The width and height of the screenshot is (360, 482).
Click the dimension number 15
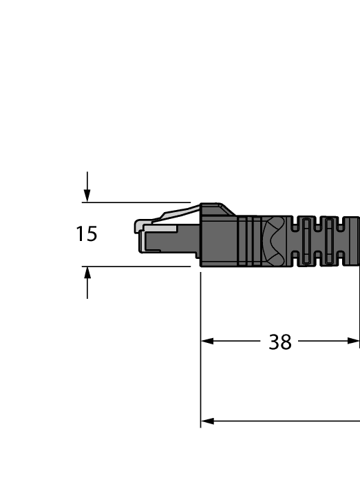(x=87, y=234)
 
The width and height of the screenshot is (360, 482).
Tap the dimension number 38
(x=280, y=342)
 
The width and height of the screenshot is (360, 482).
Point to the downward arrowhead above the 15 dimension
(x=87, y=196)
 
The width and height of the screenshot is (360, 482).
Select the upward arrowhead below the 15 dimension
(x=87, y=273)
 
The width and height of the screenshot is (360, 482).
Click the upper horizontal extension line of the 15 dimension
(x=138, y=202)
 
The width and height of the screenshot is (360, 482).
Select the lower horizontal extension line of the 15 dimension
(x=138, y=266)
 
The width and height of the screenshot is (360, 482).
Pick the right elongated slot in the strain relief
(x=329, y=241)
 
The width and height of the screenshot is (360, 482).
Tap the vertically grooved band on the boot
(x=251, y=241)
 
